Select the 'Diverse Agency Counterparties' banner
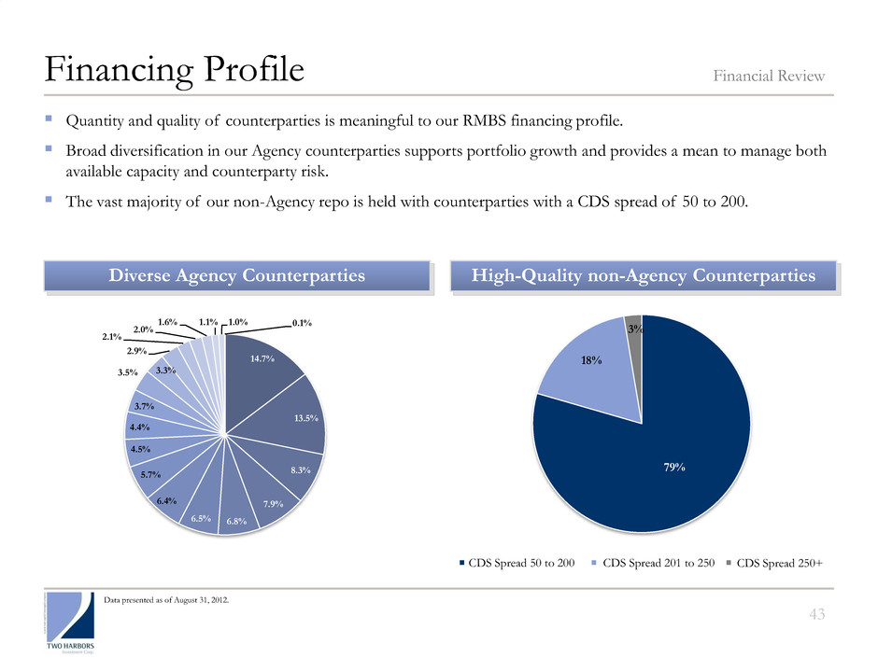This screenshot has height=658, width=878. [x=236, y=276]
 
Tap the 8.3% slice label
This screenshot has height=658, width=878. [x=301, y=471]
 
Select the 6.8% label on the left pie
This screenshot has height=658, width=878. [x=234, y=521]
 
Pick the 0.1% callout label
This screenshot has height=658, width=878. [x=302, y=323]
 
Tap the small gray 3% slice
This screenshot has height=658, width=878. [x=633, y=328]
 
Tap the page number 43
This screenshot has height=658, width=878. [x=818, y=612]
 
